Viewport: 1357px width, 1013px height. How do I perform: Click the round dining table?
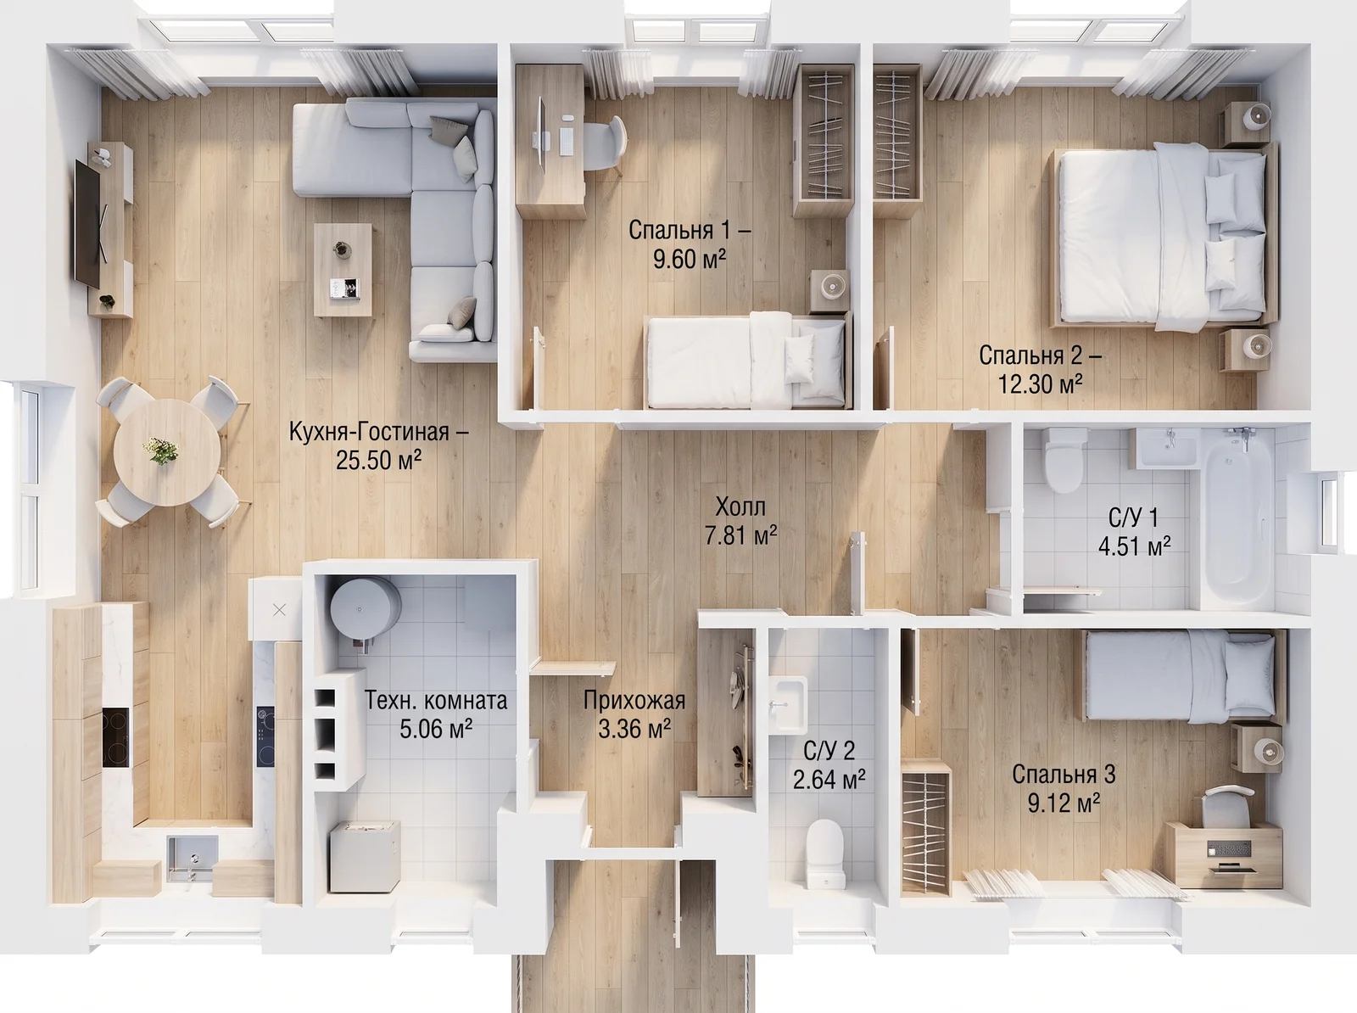click(x=167, y=452)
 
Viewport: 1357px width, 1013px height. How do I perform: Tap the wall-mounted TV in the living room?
click(x=87, y=222)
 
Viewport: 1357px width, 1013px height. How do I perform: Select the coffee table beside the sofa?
click(x=343, y=270)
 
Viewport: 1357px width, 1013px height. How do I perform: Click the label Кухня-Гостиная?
click(x=378, y=432)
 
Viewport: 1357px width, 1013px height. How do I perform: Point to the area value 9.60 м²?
click(x=690, y=259)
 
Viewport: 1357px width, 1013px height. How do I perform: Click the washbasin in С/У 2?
click(x=789, y=704)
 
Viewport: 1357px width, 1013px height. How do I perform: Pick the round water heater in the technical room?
click(x=365, y=610)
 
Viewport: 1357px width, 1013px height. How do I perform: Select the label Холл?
click(x=740, y=507)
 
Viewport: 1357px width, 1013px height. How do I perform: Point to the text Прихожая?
click(x=634, y=701)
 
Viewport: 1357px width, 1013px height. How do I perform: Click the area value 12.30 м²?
click(x=1041, y=384)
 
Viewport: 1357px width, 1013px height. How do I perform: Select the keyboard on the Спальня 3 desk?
click(x=1229, y=849)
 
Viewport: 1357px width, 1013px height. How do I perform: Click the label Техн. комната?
click(x=436, y=701)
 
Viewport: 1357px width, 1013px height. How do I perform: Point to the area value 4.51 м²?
click(x=1135, y=546)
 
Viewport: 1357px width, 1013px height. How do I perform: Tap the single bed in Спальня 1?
click(x=747, y=361)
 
